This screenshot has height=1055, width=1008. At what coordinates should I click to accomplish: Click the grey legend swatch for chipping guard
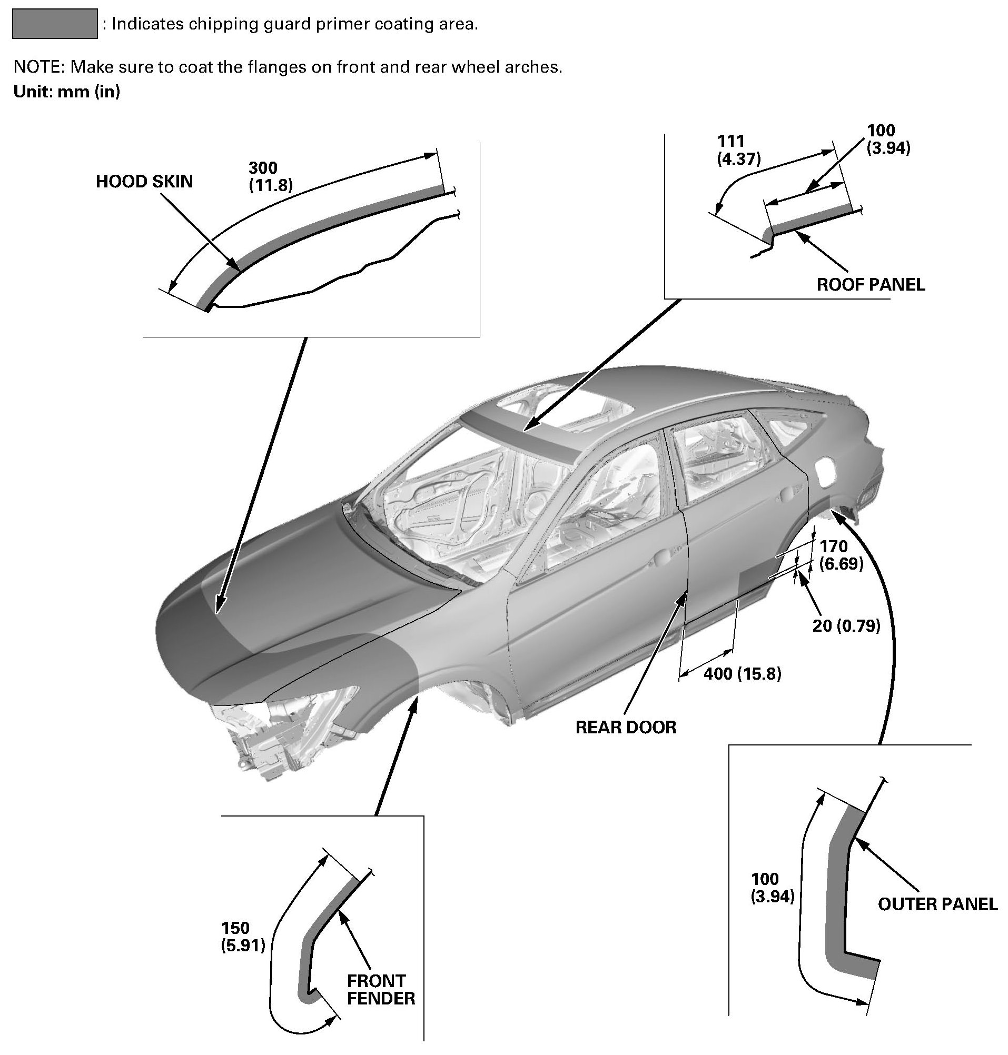pyautogui.click(x=54, y=24)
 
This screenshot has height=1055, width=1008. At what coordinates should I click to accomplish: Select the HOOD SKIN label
pyautogui.click(x=144, y=182)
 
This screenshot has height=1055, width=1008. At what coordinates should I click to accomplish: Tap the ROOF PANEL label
pyautogui.click(x=871, y=284)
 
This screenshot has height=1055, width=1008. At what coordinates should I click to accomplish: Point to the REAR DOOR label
pyautogui.click(x=626, y=728)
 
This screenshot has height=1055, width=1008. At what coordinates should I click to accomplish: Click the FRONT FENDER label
pyautogui.click(x=380, y=990)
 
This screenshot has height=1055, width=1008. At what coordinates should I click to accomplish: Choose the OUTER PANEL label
pyautogui.click(x=937, y=904)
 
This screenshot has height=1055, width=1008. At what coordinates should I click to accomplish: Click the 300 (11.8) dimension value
pyautogui.click(x=270, y=176)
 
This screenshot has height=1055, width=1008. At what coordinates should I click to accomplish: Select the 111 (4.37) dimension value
pyautogui.click(x=739, y=150)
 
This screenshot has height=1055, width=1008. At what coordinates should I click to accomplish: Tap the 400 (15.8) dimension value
pyautogui.click(x=742, y=674)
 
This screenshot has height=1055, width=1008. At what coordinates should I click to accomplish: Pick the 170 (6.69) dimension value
pyautogui.click(x=842, y=555)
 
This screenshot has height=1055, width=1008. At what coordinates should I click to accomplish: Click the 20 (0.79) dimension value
pyautogui.click(x=846, y=625)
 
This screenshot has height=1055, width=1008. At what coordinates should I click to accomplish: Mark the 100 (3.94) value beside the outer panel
pyautogui.click(x=772, y=888)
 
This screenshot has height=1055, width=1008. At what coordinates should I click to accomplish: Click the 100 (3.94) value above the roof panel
pyautogui.click(x=888, y=139)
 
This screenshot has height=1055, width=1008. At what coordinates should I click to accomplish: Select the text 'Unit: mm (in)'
pyautogui.click(x=67, y=92)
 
